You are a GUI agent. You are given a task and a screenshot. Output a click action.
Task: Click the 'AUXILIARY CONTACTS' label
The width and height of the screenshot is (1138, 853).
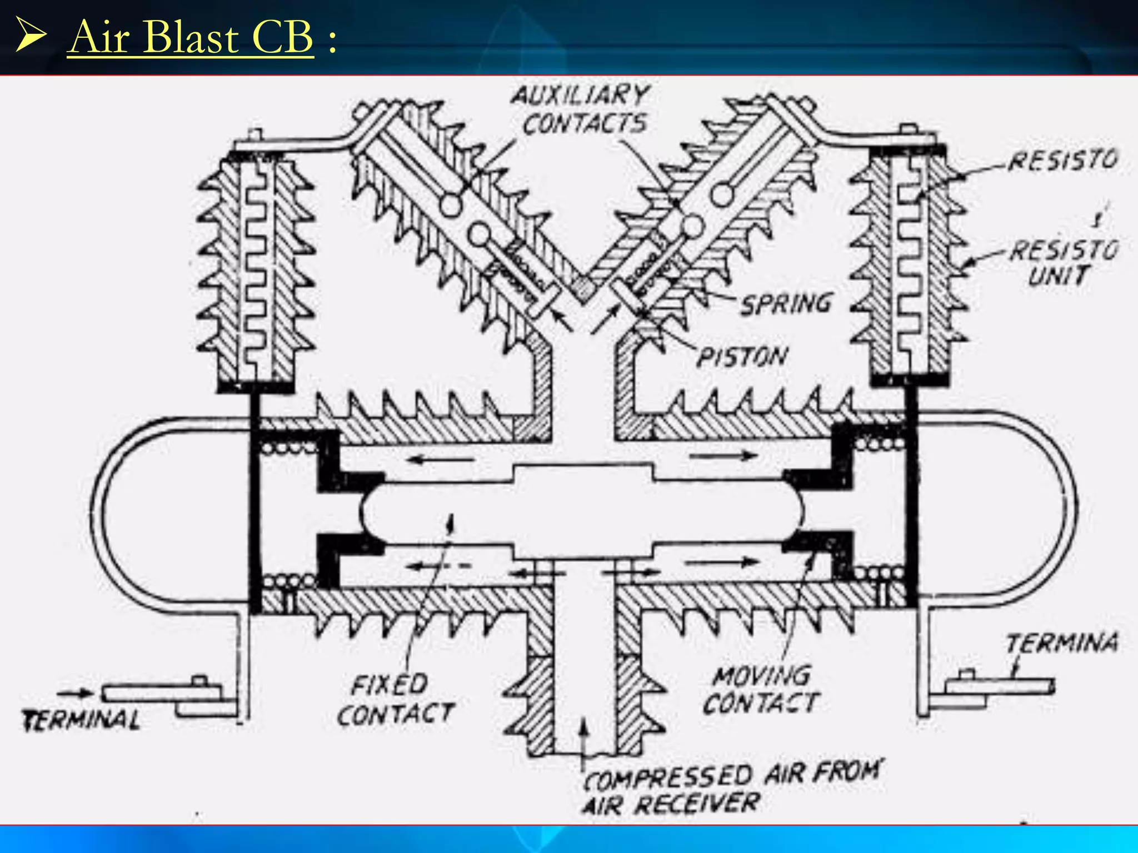(x=581, y=110)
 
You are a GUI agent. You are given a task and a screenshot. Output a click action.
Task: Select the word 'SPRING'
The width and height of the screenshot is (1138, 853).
(x=787, y=304)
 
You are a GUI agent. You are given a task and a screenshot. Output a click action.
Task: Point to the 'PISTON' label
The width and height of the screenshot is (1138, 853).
(x=742, y=357)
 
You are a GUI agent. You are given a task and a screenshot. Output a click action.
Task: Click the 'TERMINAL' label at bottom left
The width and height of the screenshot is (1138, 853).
(x=81, y=721)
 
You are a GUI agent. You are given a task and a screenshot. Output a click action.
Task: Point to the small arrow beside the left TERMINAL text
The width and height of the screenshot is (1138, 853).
(x=76, y=693)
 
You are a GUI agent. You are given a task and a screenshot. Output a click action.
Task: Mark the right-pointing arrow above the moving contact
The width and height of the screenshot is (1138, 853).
(x=722, y=456)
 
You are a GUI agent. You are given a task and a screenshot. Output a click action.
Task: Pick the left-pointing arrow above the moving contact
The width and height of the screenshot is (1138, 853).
(x=442, y=459)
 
